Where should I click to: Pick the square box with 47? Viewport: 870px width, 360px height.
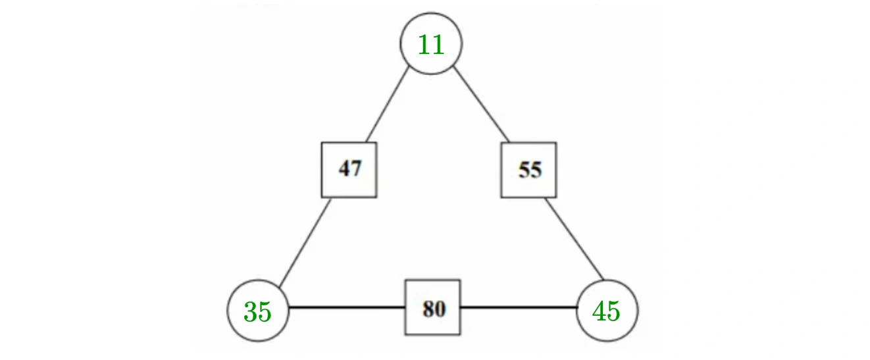(349, 170)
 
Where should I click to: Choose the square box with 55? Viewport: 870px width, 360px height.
(528, 170)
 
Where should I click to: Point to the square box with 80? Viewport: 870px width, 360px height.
(432, 307)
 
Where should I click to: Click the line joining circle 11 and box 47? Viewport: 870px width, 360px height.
(387, 105)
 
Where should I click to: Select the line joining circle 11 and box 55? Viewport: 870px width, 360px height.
(482, 105)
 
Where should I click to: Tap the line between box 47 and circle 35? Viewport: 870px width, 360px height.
(305, 243)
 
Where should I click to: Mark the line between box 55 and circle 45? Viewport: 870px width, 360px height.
(575, 239)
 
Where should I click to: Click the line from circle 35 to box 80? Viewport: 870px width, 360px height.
(347, 307)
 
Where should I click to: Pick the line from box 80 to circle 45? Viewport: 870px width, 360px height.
(519, 307)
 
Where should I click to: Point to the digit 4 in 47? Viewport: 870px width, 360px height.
(344, 168)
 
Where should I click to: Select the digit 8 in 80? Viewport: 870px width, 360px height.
(428, 309)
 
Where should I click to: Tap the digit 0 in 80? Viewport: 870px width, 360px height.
(440, 309)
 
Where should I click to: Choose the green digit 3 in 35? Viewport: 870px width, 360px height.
(250, 311)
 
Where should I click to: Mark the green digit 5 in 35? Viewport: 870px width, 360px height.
(265, 311)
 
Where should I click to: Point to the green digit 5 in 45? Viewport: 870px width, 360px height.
(613, 311)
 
